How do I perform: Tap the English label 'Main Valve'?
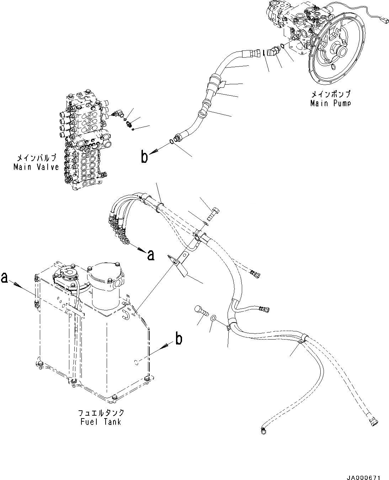click(36, 167)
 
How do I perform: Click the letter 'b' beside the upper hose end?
click(144, 157)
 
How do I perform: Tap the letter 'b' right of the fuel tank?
click(179, 339)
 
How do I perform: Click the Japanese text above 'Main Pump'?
click(330, 95)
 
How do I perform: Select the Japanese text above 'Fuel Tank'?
click(101, 413)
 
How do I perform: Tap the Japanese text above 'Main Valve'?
click(36, 158)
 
